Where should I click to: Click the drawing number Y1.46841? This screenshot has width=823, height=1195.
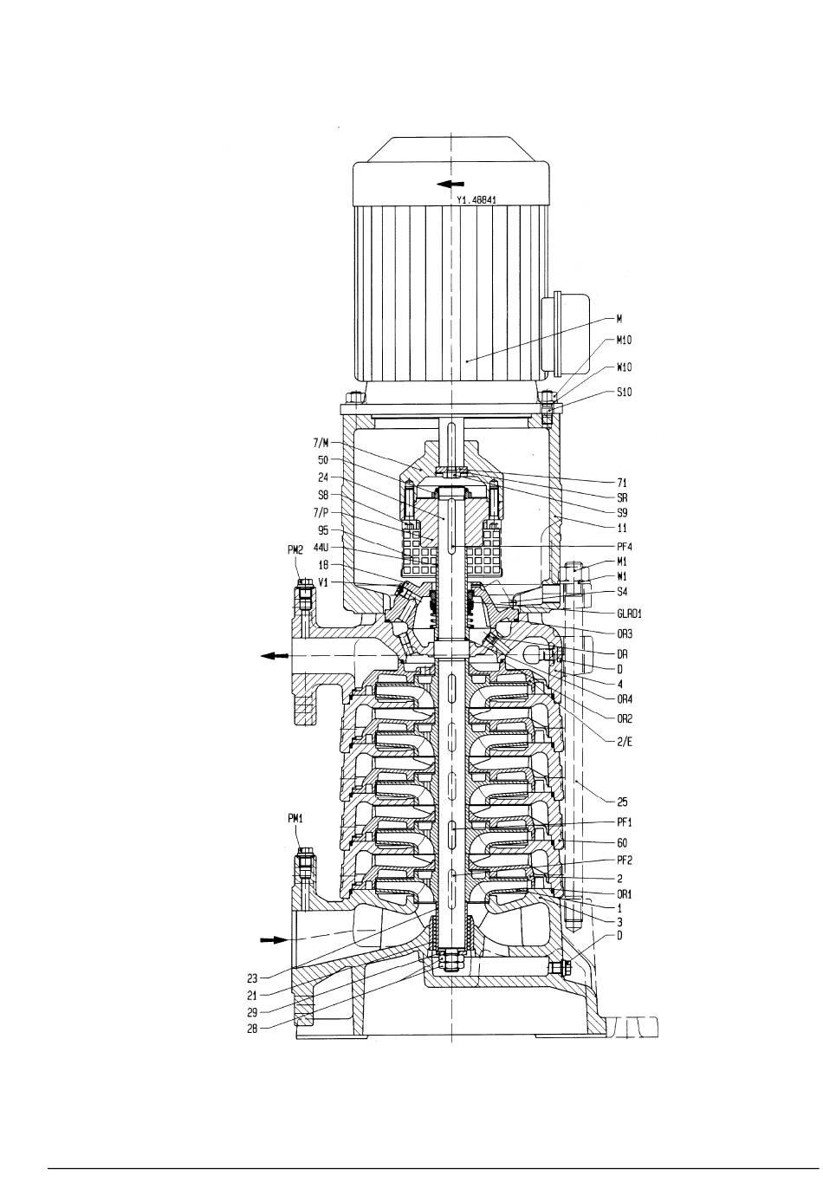point(476,200)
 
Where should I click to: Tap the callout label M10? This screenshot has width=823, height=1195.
point(624,340)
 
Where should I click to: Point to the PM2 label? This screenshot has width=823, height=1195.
point(295,550)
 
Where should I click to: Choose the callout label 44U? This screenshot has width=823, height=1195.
point(321,548)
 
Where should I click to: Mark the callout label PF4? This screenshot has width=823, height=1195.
point(624,547)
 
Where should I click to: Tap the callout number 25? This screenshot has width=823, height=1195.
point(622,802)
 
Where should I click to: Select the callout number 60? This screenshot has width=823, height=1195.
point(622,843)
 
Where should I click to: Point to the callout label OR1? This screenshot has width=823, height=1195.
point(624,893)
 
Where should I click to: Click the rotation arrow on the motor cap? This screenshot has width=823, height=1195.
point(450,184)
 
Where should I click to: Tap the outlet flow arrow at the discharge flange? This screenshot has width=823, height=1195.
point(275,656)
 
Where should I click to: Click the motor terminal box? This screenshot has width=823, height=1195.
point(565,333)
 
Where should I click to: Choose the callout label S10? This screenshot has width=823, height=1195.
point(624,392)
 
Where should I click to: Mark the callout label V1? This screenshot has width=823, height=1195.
point(323,582)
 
